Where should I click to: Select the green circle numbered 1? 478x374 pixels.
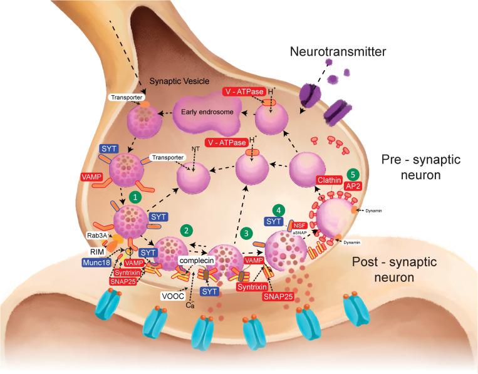tap(133, 197)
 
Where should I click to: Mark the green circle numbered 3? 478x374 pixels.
tap(249, 233)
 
